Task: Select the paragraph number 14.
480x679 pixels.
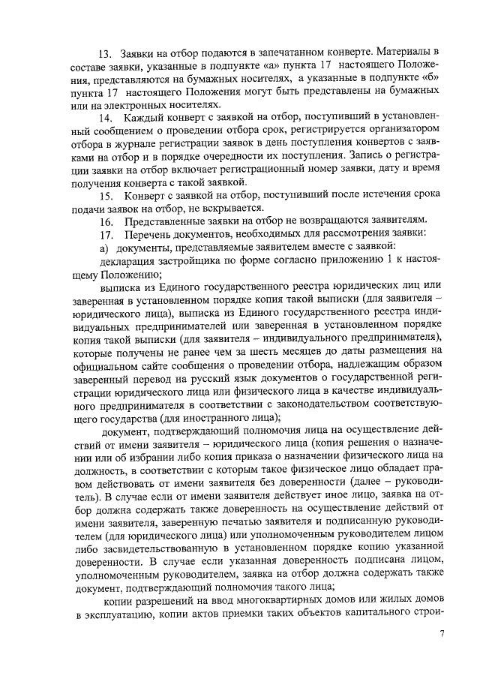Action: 106,118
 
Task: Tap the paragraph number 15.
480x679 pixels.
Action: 106,197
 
